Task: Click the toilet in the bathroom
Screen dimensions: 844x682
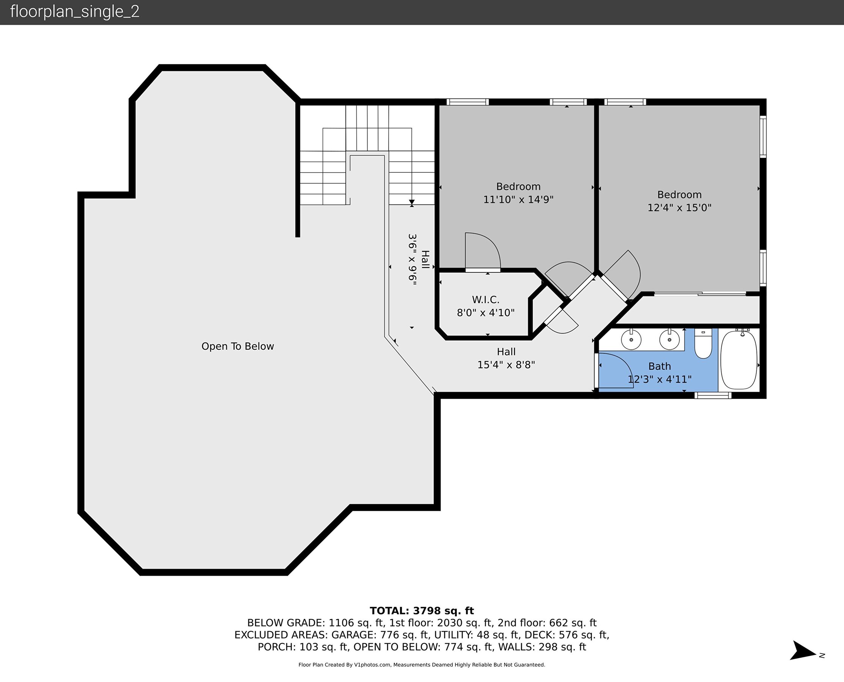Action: [x=703, y=343]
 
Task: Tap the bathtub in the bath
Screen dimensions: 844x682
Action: [x=739, y=360]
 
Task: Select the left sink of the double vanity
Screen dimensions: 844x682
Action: [x=631, y=339]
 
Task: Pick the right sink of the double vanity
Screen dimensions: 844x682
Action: [x=669, y=339]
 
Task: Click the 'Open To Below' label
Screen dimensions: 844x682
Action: [x=237, y=346]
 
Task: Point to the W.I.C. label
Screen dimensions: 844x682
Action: [x=485, y=300]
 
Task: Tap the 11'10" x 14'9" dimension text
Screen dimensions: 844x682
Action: [x=518, y=200]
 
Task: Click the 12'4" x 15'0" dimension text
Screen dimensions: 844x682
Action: [x=679, y=208]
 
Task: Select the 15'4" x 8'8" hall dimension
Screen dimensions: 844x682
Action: [x=506, y=365]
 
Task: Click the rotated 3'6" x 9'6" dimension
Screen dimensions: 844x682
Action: [x=413, y=259]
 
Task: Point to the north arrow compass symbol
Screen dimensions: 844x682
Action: [x=804, y=651]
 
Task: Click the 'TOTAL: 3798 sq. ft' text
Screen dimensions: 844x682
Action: [x=422, y=611]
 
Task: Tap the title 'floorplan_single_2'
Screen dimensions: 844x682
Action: [x=75, y=12]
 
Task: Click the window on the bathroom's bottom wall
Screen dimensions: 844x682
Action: [x=713, y=395]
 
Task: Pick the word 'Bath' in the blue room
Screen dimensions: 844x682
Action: [x=659, y=366]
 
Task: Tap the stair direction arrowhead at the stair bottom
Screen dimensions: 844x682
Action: [x=412, y=203]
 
